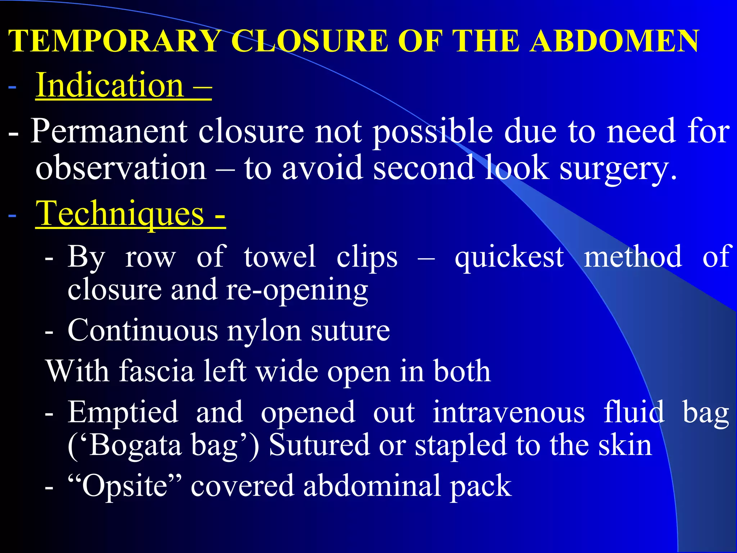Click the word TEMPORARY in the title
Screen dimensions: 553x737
(x=114, y=41)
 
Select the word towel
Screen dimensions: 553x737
(x=280, y=257)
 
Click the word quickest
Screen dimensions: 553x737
(x=509, y=257)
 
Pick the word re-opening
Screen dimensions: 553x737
(x=297, y=290)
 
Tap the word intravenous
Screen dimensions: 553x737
(x=508, y=412)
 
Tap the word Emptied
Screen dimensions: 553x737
(x=123, y=412)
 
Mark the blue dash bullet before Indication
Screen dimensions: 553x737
(x=12, y=87)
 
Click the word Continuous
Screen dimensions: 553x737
(x=143, y=331)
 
